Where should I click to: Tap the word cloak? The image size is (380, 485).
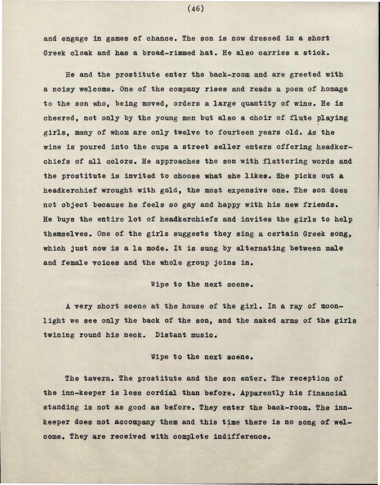pos(81,53)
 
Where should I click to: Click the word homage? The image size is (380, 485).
pos(334,89)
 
